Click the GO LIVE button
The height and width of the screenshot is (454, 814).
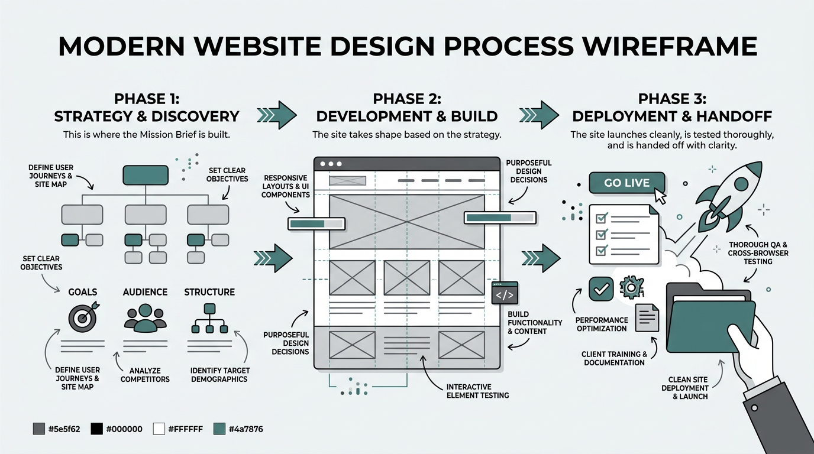(x=626, y=183)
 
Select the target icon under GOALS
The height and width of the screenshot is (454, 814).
(x=83, y=318)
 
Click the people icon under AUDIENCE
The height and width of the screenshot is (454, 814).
(x=145, y=317)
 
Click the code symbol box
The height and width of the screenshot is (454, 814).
(x=505, y=293)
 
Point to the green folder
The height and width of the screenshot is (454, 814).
(x=710, y=319)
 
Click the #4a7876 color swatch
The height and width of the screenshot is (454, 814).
(x=219, y=429)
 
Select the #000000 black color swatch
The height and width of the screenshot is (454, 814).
(x=96, y=429)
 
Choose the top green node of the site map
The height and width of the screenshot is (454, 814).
(x=145, y=176)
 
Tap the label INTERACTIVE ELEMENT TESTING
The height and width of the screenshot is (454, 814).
(x=477, y=391)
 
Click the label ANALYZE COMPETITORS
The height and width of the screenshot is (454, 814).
(x=145, y=375)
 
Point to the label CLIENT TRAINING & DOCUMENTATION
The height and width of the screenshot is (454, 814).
(x=614, y=358)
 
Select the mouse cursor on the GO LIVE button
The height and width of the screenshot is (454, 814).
(x=660, y=196)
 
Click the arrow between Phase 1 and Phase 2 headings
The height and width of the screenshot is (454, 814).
(x=277, y=111)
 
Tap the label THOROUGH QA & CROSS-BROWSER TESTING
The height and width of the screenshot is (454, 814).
(x=758, y=253)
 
